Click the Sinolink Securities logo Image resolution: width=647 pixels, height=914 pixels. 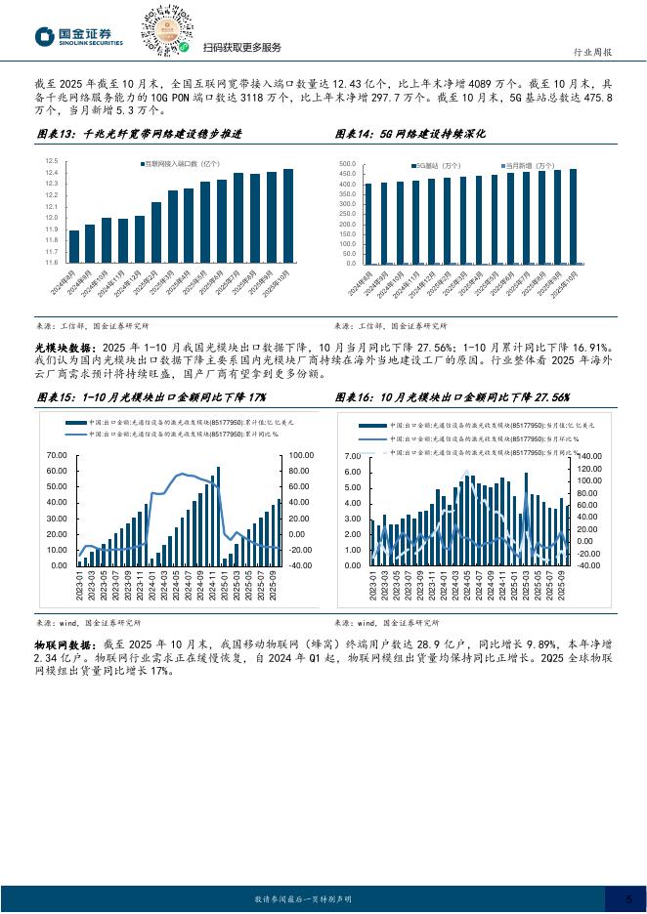click(x=79, y=37)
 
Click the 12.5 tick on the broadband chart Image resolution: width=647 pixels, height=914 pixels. click(x=50, y=160)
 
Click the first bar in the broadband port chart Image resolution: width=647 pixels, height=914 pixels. click(x=74, y=246)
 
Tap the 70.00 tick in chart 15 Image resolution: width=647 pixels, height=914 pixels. click(x=56, y=456)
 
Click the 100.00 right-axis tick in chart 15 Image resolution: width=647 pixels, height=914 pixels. click(x=300, y=456)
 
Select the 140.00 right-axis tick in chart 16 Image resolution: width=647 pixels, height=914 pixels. click(x=589, y=456)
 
